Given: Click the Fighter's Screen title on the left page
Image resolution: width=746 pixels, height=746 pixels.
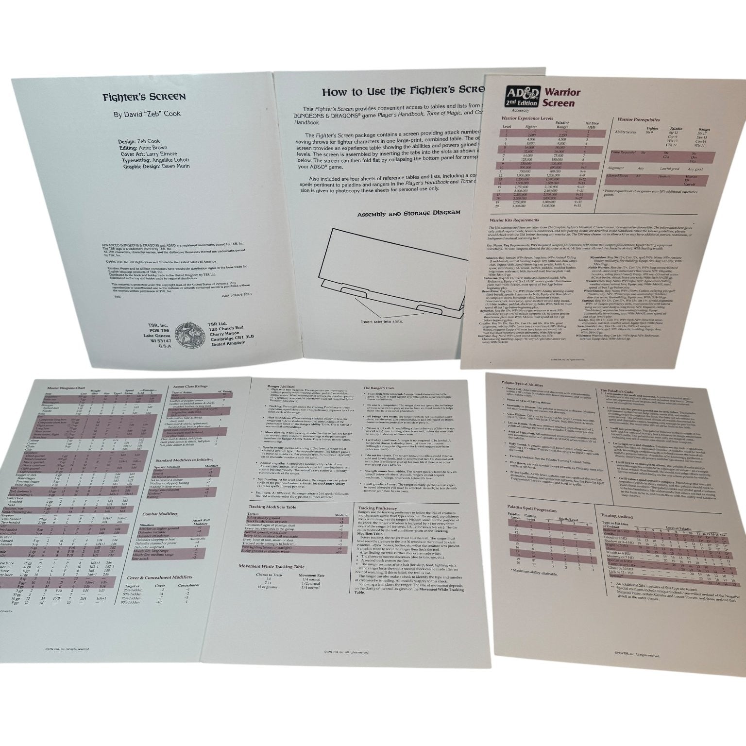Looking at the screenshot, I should [x=144, y=96].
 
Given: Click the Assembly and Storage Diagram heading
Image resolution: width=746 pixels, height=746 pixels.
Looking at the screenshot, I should [x=408, y=214].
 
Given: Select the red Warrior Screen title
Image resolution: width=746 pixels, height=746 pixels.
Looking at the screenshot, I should [x=561, y=97].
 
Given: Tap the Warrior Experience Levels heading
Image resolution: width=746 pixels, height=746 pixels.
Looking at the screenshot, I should [x=528, y=118].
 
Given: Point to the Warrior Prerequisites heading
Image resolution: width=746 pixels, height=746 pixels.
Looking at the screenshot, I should [x=638, y=119].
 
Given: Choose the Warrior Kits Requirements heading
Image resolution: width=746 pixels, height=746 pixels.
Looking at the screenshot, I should [x=514, y=220].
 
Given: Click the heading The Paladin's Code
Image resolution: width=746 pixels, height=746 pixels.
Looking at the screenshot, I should [x=616, y=390].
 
